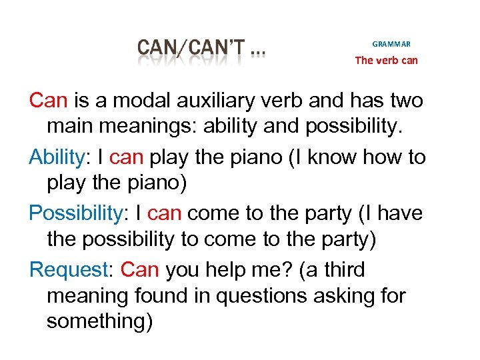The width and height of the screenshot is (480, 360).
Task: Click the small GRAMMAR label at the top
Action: pos(391,44)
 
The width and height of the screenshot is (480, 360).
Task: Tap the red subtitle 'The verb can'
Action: pos(387,60)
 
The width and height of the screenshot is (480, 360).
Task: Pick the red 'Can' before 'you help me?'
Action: pos(141,270)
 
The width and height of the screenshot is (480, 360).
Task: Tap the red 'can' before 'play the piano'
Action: pos(127,157)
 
